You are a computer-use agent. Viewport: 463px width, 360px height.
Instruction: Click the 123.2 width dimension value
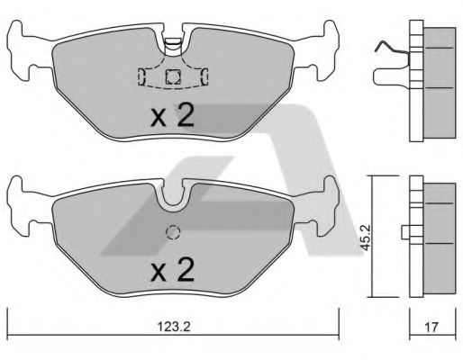174,327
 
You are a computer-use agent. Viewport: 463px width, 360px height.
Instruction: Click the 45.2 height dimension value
366,238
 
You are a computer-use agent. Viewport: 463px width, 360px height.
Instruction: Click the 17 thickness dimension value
431,327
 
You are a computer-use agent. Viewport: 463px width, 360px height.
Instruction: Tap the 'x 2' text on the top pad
173,115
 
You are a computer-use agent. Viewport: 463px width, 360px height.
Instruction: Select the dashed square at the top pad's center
173,76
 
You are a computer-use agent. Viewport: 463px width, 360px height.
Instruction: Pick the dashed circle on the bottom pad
173,232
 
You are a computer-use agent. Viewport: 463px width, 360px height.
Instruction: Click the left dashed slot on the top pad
141,76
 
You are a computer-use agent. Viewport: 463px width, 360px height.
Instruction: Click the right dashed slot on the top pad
204,76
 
